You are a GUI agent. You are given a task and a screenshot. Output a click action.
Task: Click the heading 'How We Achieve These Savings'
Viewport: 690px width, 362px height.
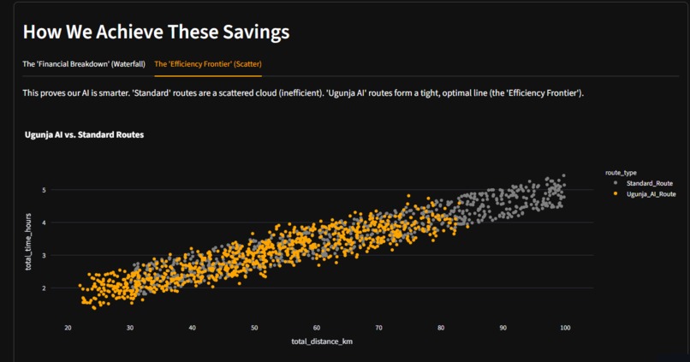pos(156,33)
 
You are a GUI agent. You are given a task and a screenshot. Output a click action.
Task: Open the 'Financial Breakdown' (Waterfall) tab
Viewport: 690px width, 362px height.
pos(84,64)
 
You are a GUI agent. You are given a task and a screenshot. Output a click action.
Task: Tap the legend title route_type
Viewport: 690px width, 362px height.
pos(619,172)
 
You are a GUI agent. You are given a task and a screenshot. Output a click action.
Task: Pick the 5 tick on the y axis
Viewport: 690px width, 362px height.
pos(55,190)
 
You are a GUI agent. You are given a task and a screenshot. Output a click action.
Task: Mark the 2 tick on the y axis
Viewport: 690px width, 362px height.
pos(55,288)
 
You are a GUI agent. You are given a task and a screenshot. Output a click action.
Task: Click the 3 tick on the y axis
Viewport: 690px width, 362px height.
pos(55,256)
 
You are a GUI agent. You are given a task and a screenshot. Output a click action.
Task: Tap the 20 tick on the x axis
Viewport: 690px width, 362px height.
pos(68,327)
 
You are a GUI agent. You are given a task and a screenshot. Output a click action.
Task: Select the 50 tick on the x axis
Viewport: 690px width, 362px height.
pos(254,327)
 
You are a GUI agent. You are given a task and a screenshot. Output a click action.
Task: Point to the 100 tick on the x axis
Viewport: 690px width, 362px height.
pos(565,327)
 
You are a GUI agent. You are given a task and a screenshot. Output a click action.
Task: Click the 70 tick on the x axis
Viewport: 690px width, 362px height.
pos(378,327)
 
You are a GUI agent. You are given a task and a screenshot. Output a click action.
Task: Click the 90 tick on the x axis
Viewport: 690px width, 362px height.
pos(503,327)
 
